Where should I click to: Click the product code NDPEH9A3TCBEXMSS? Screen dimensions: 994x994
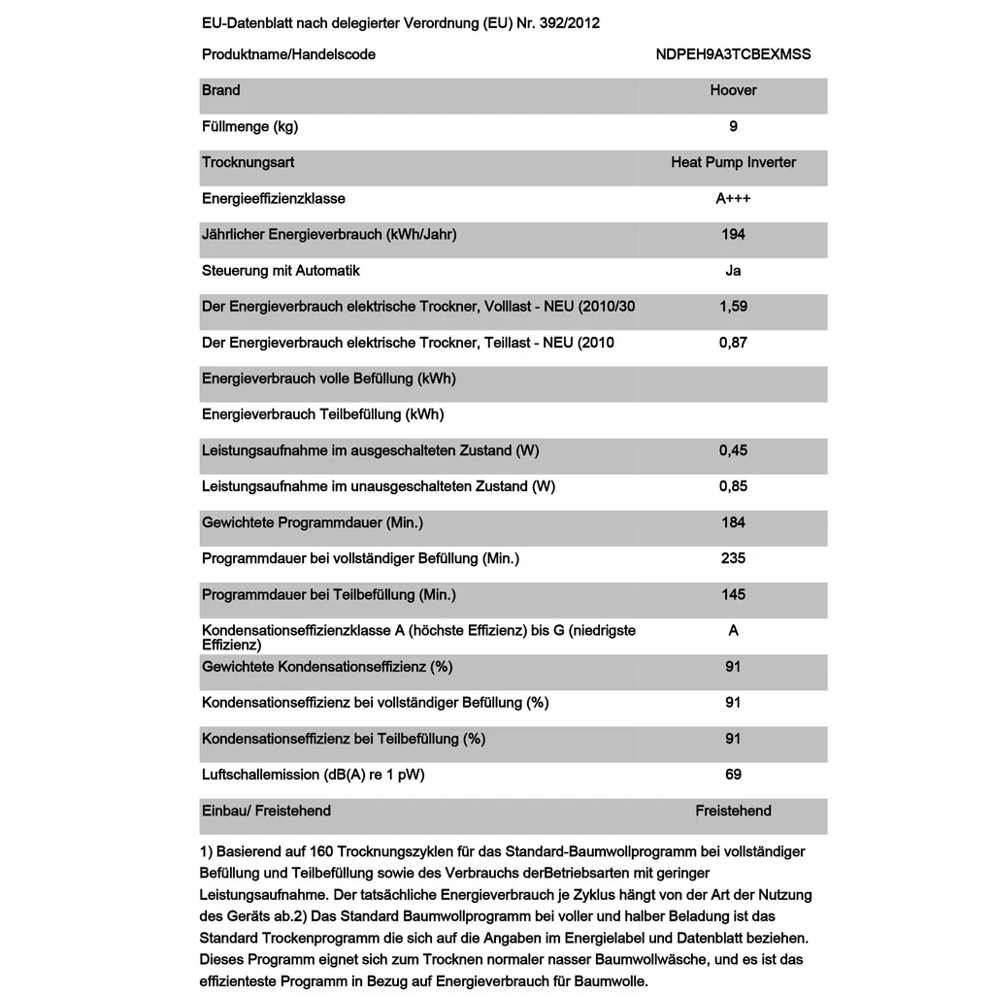733,54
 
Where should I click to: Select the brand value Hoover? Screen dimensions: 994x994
733,90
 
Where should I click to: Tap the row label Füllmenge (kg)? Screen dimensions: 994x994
249,126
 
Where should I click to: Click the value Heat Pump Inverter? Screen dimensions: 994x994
733,162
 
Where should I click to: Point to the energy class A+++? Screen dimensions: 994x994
733,198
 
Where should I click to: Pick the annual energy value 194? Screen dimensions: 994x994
733,234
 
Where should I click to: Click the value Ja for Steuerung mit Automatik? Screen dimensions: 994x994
733,271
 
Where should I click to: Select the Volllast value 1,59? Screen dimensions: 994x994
733,307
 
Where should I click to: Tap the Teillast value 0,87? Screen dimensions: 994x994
733,343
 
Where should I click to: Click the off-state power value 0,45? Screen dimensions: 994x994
733,450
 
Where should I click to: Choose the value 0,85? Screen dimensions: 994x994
733,486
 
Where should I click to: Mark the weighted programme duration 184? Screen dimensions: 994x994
733,522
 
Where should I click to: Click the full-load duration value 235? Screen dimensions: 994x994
733,558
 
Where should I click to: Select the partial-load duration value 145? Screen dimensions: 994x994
733,594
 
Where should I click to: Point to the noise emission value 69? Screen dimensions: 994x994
733,775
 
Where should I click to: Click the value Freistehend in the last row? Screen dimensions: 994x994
733,811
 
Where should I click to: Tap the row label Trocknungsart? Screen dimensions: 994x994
248,162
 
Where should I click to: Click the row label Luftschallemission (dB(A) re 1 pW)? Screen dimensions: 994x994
313,775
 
